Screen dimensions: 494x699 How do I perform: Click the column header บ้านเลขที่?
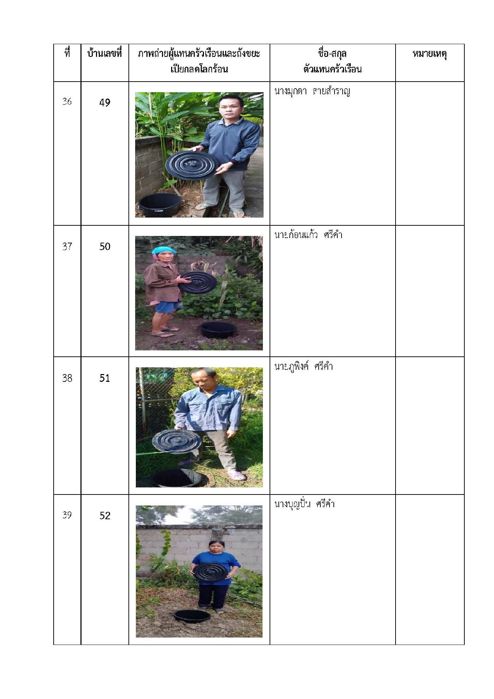point(104,54)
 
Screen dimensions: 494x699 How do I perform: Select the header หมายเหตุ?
point(430,54)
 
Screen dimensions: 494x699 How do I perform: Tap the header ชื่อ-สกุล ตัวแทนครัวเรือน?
point(332,61)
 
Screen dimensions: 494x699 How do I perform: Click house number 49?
point(105,103)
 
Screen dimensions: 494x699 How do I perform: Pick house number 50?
point(105,247)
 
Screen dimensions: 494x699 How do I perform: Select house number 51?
point(105,378)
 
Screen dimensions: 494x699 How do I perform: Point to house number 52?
point(105,516)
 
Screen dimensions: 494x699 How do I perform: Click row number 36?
point(67,102)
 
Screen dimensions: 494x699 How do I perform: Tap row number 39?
point(67,515)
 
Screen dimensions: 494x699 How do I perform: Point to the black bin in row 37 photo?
point(218,330)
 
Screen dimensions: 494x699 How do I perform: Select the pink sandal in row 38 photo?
point(236,476)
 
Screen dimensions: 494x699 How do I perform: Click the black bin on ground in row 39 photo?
point(192,616)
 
